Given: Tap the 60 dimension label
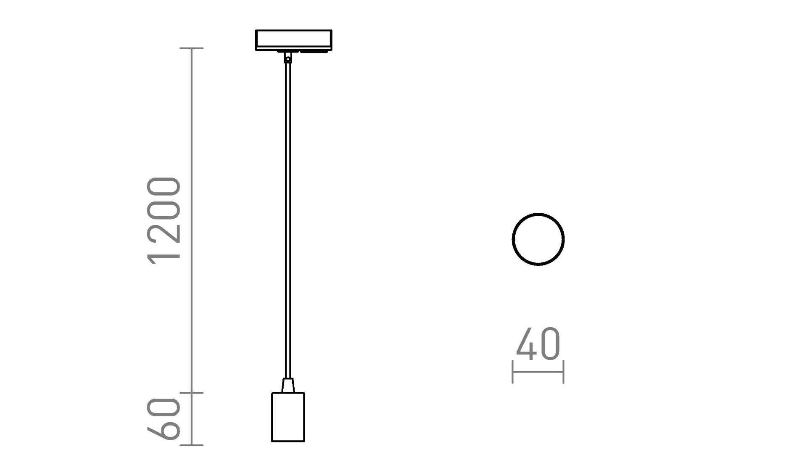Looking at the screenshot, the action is [x=164, y=419].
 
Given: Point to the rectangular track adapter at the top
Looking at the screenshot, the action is [x=293, y=40].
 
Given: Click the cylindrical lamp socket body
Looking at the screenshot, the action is [x=288, y=417].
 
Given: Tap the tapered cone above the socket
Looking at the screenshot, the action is [x=288, y=385].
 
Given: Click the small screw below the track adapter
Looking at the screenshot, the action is [x=287, y=60].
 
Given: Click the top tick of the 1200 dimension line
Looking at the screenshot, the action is [x=192, y=48].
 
